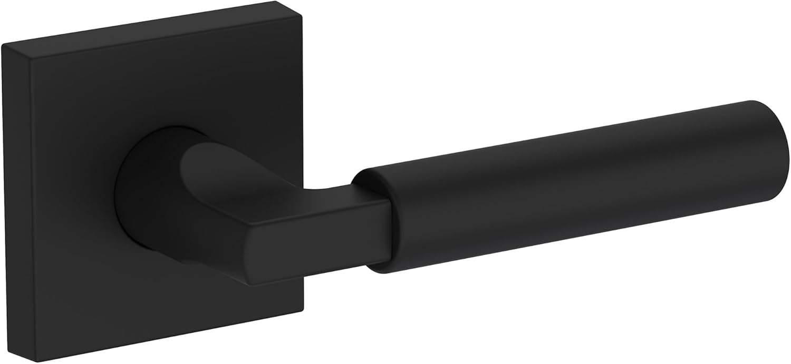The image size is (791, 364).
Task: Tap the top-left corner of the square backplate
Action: point(4,46)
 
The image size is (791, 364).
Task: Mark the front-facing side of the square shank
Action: point(327,253)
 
